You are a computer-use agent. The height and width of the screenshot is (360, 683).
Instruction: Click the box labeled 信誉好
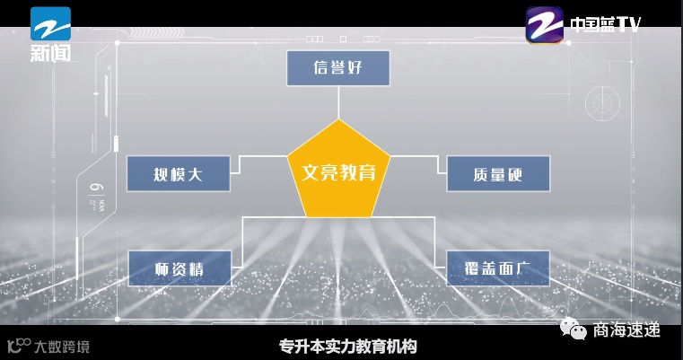click(x=338, y=68)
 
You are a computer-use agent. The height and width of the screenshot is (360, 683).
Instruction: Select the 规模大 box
click(x=179, y=173)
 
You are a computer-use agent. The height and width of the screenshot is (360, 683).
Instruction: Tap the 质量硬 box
click(x=497, y=173)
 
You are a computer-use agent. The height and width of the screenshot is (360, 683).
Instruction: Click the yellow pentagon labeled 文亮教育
click(x=337, y=171)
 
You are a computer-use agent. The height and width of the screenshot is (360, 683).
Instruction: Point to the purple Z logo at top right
click(x=544, y=25)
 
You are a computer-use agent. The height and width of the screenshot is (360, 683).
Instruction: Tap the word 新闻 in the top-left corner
click(x=50, y=53)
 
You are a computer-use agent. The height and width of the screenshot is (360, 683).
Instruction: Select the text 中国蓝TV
click(x=606, y=25)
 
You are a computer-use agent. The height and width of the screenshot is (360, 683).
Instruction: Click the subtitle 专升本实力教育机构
click(x=348, y=346)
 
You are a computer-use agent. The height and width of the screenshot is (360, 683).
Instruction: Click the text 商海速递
click(x=626, y=330)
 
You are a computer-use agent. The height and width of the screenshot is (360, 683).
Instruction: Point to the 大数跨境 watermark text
click(x=62, y=346)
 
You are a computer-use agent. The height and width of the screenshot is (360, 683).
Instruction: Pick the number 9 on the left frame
click(x=95, y=189)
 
